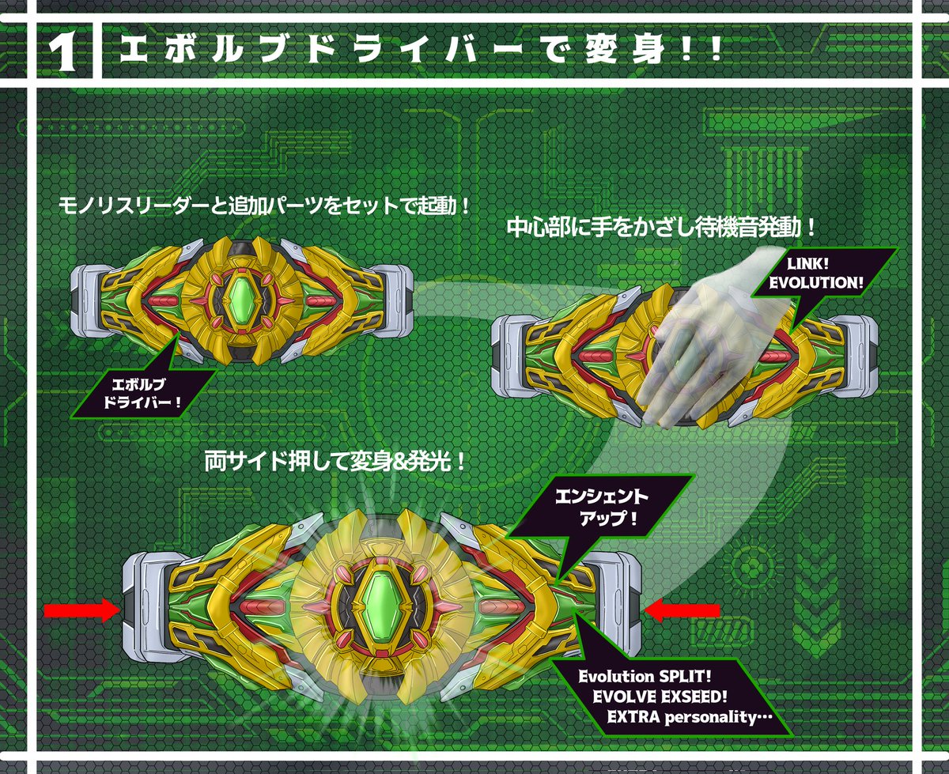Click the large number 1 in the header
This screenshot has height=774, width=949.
pyautogui.click(x=62, y=52)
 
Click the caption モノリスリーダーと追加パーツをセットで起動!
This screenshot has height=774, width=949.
pyautogui.click(x=265, y=208)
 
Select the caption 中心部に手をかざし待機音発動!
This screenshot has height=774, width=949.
pyautogui.click(x=660, y=228)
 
